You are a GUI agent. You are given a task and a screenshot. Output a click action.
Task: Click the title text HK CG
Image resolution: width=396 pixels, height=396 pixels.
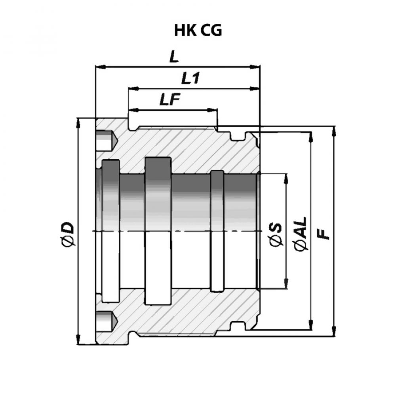pyautogui.click(x=198, y=30)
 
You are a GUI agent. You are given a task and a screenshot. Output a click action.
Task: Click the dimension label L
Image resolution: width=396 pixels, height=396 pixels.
pyautogui.click(x=174, y=57)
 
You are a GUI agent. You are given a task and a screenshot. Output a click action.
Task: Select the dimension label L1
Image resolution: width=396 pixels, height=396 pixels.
pyautogui.click(x=190, y=78)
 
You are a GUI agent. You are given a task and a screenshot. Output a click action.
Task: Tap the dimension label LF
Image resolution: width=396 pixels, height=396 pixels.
pyautogui.click(x=170, y=99)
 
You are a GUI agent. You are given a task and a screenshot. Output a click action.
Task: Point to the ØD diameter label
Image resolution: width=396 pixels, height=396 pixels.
pyautogui.click(x=68, y=234)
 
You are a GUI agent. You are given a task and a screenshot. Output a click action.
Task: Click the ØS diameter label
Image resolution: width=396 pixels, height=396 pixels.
pyautogui.click(x=276, y=234)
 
